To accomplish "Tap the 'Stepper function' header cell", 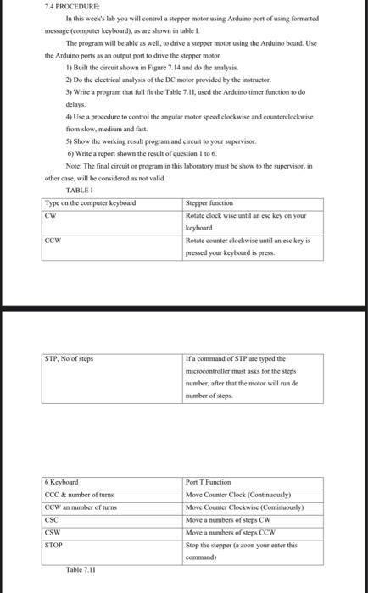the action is (x=210, y=203).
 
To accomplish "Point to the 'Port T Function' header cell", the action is (x=213, y=482).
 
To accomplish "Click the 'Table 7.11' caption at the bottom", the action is (x=84, y=570).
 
